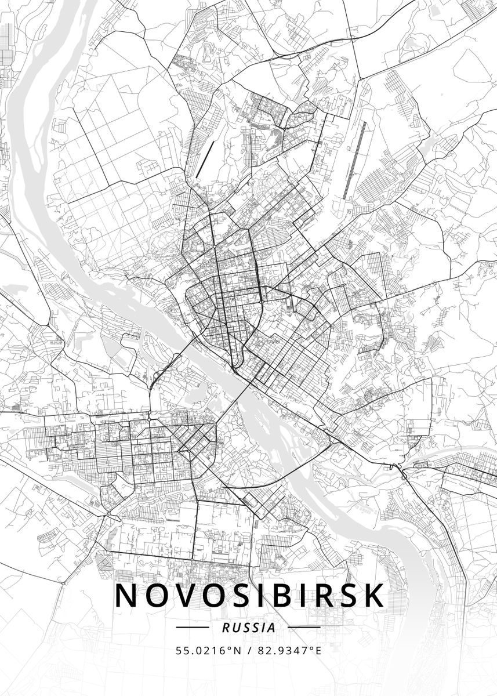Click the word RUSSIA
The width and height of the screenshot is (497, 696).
point(248,628)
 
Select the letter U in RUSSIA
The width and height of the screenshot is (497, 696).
point(234,628)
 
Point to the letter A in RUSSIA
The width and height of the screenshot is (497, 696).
point(271,628)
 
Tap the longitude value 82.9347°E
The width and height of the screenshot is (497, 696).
point(289,651)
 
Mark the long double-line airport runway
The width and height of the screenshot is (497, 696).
point(354,160)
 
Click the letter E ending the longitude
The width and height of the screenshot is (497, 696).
point(318,651)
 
